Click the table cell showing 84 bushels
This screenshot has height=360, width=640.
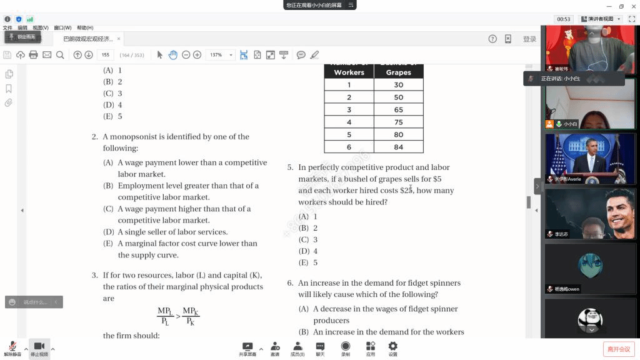pos(398,147)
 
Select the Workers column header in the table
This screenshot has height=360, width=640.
pos(349,72)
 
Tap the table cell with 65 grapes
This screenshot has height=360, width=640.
pos(398,109)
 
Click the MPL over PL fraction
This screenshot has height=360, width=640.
pos(164,316)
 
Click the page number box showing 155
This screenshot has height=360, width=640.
pos(106,55)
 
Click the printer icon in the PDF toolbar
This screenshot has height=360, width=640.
pos(34,55)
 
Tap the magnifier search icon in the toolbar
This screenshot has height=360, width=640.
pos(60,55)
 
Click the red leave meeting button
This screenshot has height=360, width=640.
pos(618,349)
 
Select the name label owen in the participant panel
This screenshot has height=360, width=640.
pos(573,289)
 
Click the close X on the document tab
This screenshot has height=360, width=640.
pos(119,39)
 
